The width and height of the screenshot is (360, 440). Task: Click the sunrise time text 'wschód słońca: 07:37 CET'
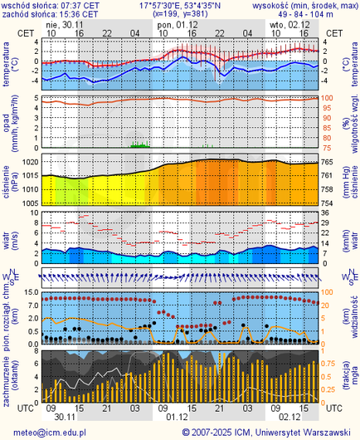pos(51,5)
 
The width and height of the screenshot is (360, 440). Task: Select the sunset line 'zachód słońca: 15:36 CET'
pos(51,15)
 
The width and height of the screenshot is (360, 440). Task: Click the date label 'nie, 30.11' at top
pos(66,25)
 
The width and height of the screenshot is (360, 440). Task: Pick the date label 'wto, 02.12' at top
pos(289,25)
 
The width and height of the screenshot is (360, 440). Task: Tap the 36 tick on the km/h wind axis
pos(326,212)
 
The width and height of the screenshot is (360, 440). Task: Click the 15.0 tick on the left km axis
pos(28,292)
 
